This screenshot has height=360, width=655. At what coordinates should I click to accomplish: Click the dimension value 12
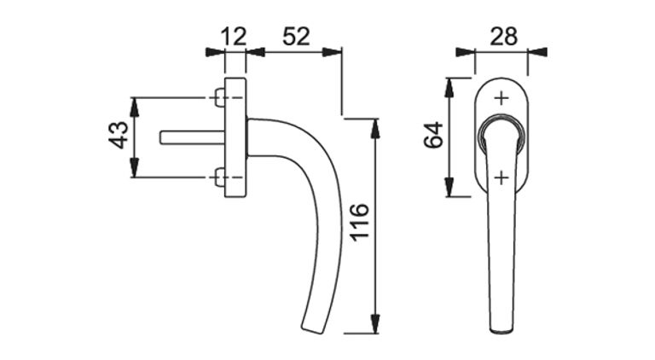point(234,37)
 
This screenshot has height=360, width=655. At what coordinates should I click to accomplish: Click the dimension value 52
point(296,37)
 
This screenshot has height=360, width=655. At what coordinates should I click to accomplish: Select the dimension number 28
point(503,37)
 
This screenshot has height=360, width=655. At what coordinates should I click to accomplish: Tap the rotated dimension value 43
point(119,135)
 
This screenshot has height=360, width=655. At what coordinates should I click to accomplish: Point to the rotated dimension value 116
point(359,222)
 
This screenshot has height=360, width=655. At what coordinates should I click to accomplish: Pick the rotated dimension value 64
point(433,135)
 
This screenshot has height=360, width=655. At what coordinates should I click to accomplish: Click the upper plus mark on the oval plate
point(501,99)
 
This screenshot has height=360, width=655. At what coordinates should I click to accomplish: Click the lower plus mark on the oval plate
point(501,178)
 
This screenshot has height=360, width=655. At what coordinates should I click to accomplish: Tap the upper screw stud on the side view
point(220,98)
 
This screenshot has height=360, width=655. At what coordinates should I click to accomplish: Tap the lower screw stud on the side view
point(220,177)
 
